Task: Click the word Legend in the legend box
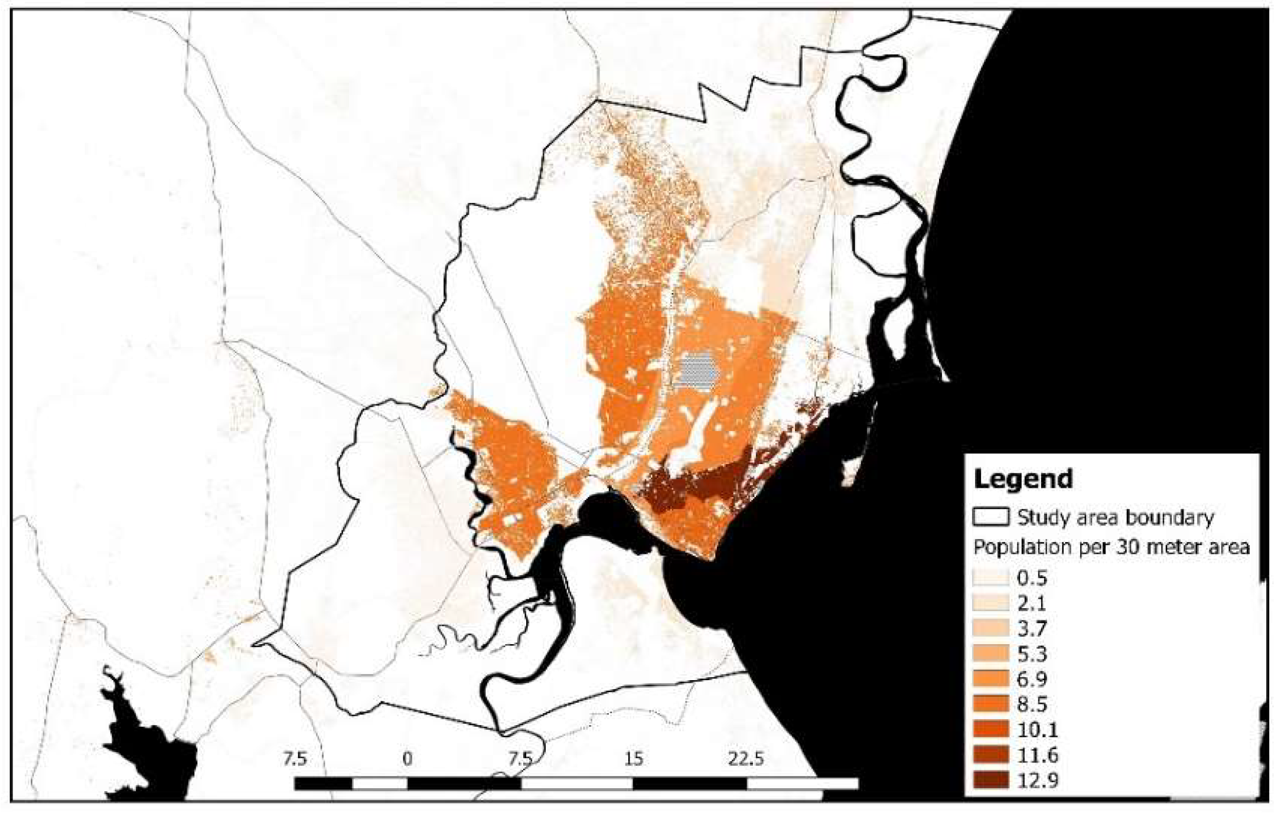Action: (x=1023, y=478)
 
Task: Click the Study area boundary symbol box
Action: (x=990, y=517)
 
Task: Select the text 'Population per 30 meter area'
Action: (x=1111, y=547)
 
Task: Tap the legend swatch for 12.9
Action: (x=990, y=781)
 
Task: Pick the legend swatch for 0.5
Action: (x=990, y=577)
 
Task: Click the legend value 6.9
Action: (x=1032, y=679)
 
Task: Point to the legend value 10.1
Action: (x=1037, y=730)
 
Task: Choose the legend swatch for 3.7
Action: (x=990, y=628)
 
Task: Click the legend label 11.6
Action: (x=1037, y=755)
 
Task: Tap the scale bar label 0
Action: (x=407, y=758)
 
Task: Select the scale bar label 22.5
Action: (x=745, y=758)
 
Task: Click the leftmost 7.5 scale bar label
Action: (x=295, y=758)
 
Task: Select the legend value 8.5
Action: (x=1032, y=704)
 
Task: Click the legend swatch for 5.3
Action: (x=990, y=654)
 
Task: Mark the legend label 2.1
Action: (x=1032, y=603)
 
